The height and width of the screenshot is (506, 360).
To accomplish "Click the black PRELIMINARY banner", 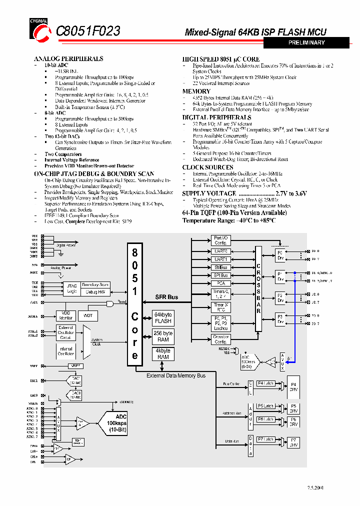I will coord(306,43).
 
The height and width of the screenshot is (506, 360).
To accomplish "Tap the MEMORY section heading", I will coord(196,91).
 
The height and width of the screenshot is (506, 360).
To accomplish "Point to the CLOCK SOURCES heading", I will coord(207,167).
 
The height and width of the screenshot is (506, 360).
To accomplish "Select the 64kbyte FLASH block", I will coord(163,318).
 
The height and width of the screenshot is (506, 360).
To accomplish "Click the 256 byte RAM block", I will coord(163,336).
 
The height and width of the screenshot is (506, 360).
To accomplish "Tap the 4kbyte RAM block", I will coord(163,354).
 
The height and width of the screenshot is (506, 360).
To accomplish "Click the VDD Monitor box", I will coord(66,315).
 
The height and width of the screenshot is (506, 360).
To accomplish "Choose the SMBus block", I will coord(220,267).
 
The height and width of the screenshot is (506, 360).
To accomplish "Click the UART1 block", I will coord(220,259).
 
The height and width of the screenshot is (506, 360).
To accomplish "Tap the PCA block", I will coord(220,283).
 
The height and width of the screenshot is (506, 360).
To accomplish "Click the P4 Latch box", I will coord(265,383).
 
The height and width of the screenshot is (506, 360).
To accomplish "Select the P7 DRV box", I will coord(293,442).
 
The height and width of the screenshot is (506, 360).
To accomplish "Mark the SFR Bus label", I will coord(166,297).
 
